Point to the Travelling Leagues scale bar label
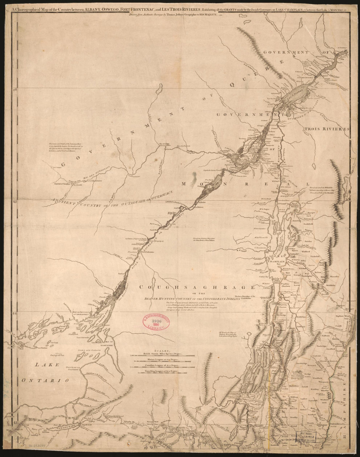point(162,372)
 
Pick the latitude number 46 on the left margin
point(14,89)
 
